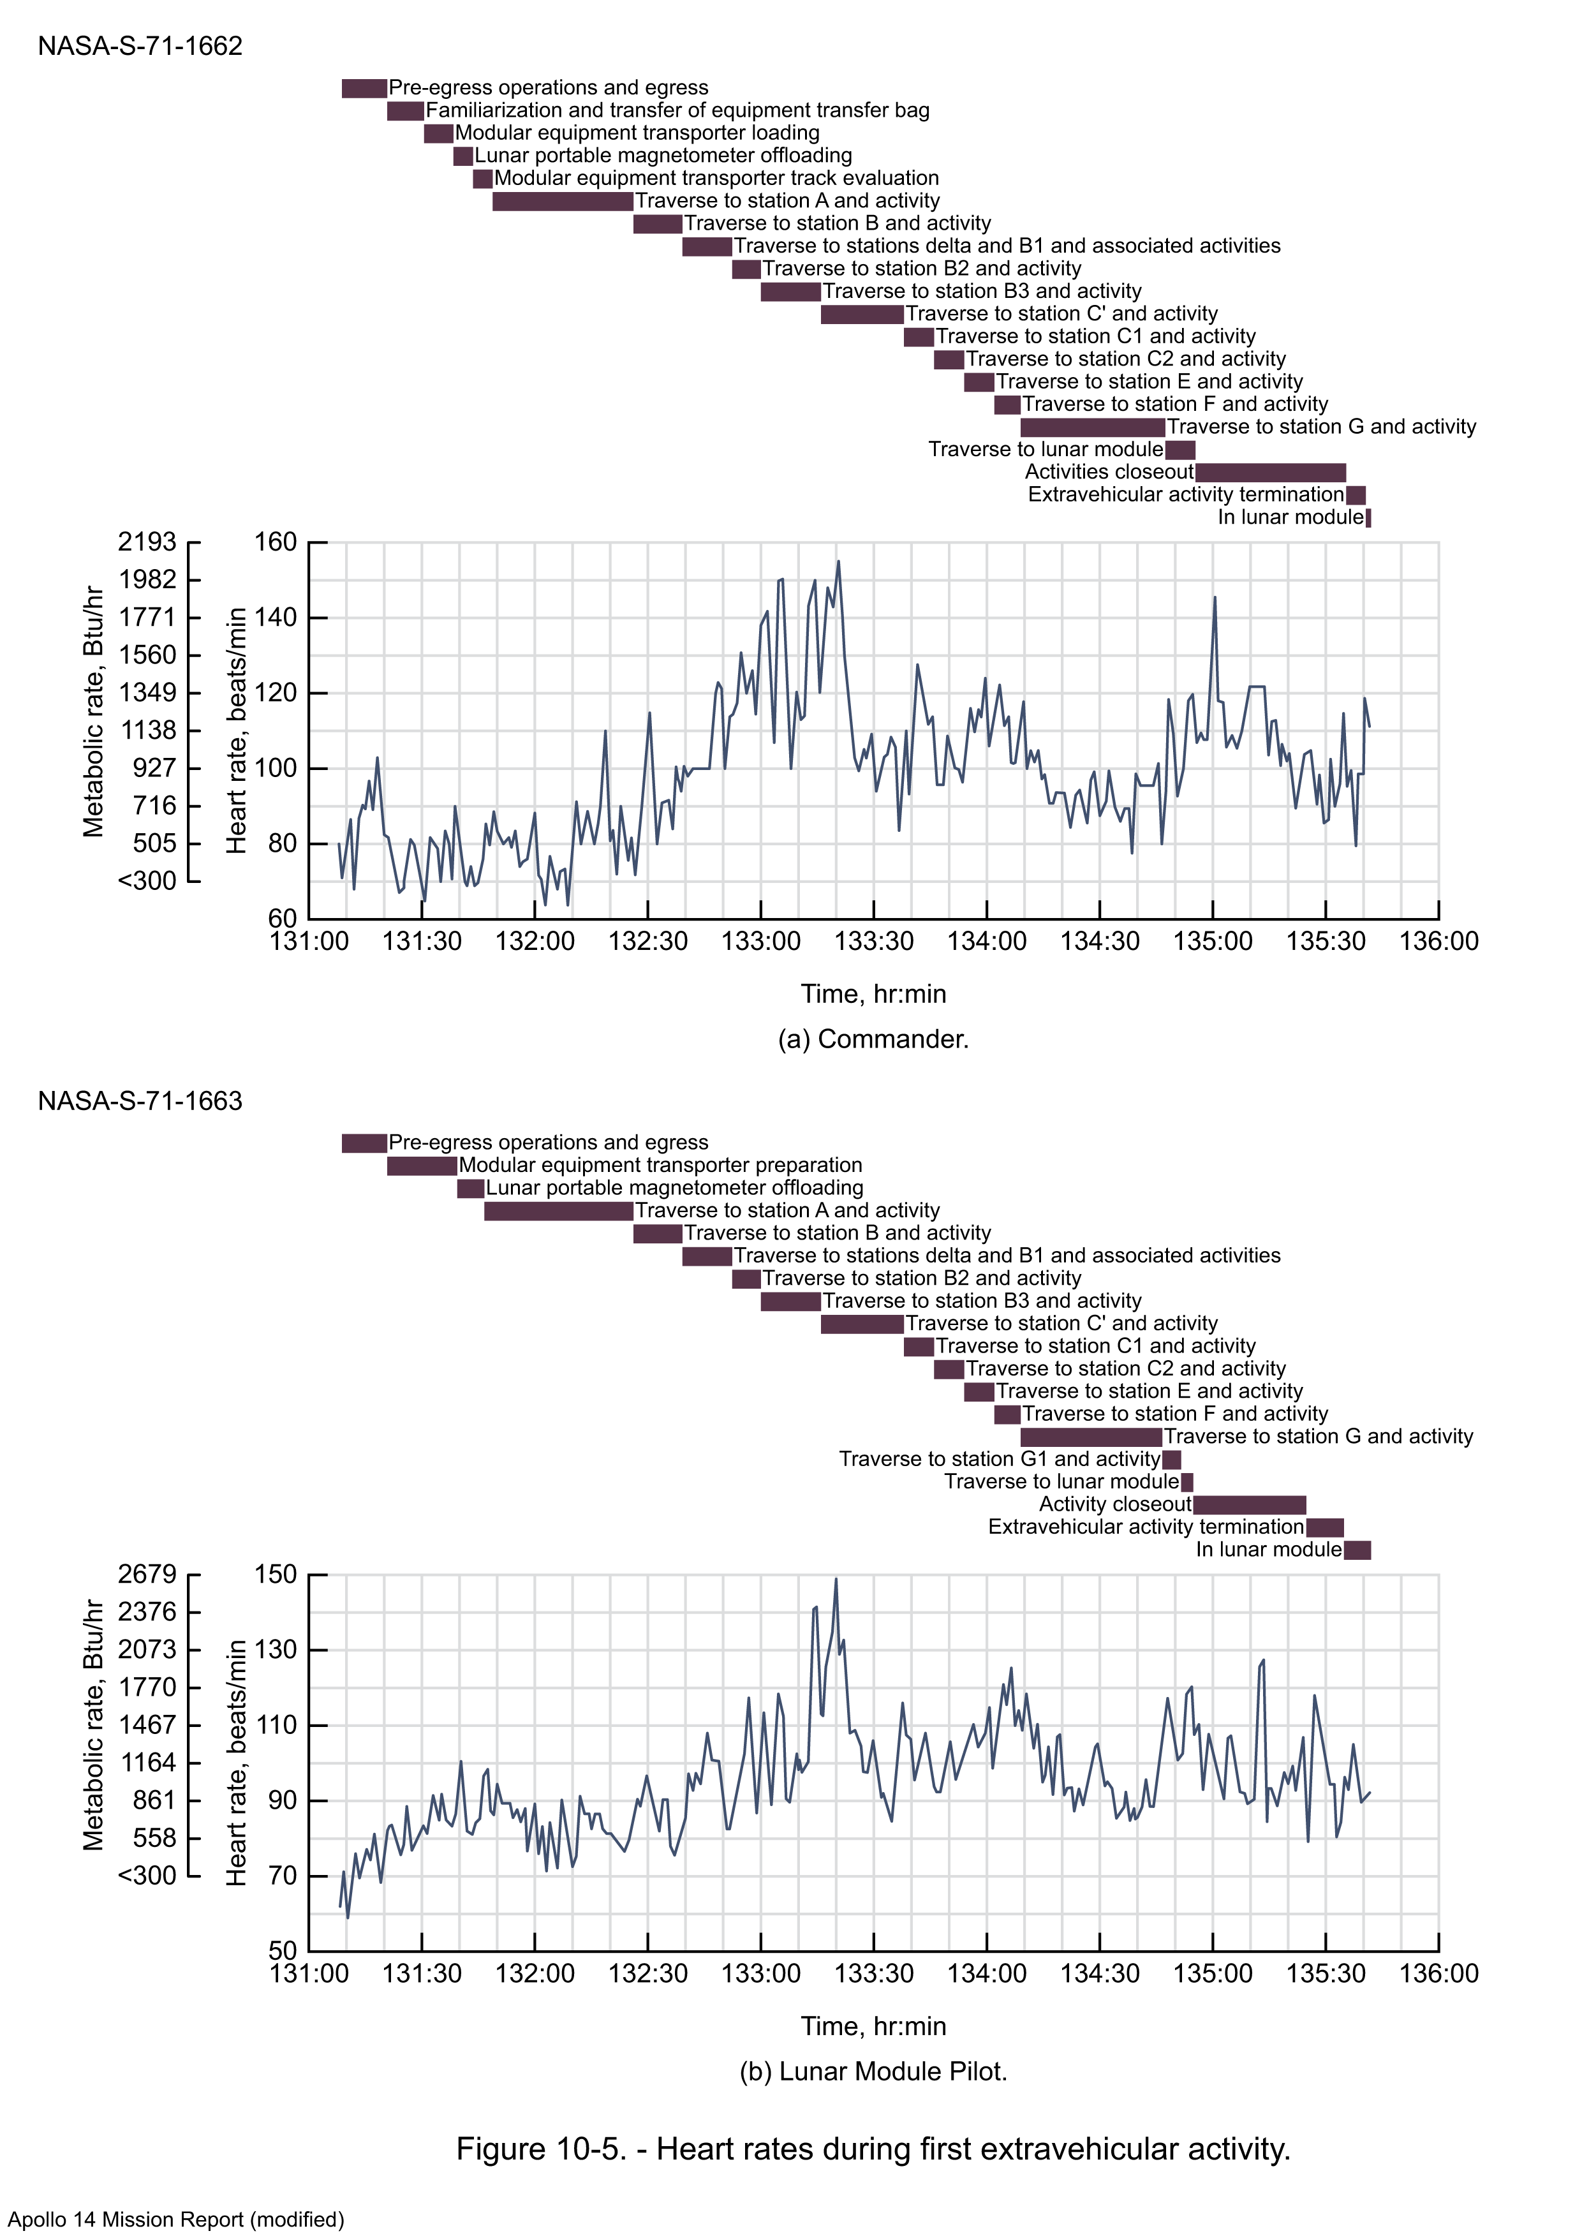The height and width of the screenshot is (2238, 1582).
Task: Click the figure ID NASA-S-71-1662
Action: coord(140,46)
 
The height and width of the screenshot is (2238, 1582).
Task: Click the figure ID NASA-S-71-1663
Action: coord(140,1100)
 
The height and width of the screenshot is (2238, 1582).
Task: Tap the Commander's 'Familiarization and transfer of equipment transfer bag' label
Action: coord(677,110)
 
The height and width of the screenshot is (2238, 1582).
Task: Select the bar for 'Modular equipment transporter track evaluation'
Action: coord(482,179)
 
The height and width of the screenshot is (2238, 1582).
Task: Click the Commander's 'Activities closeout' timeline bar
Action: coord(1270,473)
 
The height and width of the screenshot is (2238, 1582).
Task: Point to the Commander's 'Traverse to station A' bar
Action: coord(563,202)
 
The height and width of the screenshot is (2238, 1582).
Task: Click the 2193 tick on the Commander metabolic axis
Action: coord(147,542)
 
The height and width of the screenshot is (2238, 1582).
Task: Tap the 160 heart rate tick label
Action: coord(275,542)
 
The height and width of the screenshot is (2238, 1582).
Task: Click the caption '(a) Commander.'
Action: coord(873,1039)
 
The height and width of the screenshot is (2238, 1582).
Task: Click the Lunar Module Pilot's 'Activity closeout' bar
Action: coord(1250,1505)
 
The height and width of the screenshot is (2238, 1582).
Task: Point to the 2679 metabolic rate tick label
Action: coord(147,1575)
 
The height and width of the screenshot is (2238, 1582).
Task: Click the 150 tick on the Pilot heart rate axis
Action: coord(275,1575)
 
